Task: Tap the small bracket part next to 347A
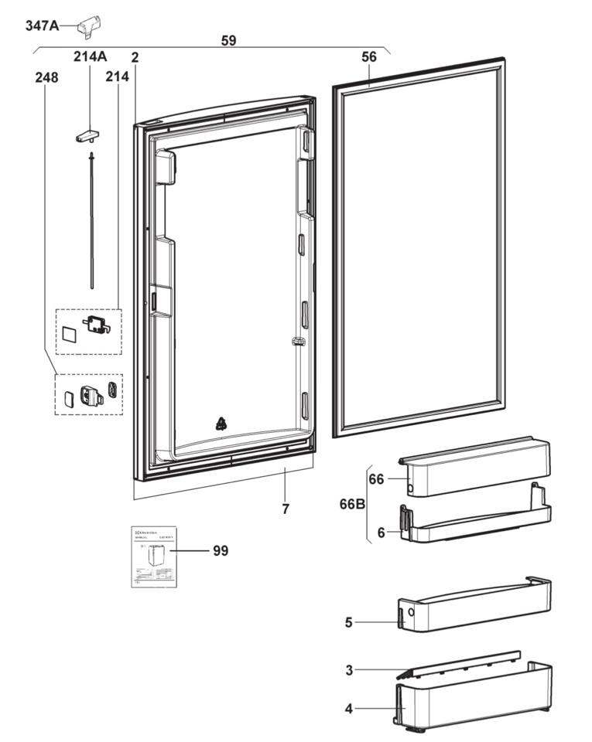[x=90, y=25]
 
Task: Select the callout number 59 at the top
[x=228, y=40]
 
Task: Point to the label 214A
[x=90, y=56]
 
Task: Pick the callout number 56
[x=369, y=56]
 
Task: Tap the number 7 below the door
[x=286, y=509]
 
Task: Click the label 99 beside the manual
[x=221, y=551]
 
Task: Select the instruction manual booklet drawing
[x=153, y=556]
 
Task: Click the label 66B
[x=353, y=505]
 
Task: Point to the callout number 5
[x=348, y=621]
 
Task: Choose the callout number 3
[x=348, y=670]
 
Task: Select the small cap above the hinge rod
[x=89, y=135]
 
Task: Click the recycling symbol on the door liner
[x=221, y=423]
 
